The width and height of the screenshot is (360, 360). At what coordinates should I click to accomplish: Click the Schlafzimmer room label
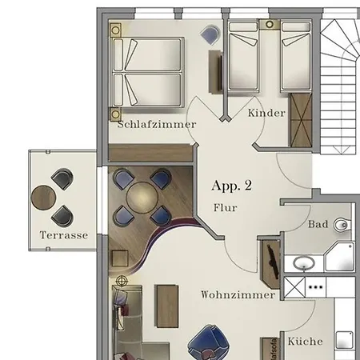click(157, 124)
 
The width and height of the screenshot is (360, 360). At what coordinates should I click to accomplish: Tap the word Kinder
click(266, 113)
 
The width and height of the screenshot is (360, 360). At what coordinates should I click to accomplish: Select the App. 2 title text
click(232, 186)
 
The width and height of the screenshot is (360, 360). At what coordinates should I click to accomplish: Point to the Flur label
click(226, 207)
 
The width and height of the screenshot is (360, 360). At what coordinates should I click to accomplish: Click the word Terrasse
click(64, 235)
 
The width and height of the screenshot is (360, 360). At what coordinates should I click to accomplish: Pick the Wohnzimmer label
click(238, 294)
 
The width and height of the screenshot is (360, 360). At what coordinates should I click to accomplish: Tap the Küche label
click(305, 341)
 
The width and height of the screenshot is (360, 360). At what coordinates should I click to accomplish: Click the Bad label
click(318, 224)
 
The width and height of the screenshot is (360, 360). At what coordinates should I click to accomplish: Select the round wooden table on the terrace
click(43, 198)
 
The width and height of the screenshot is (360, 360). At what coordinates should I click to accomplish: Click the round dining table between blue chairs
click(142, 198)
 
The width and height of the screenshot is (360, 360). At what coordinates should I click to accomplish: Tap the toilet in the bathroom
click(342, 225)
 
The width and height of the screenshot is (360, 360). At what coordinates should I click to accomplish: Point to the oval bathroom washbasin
click(304, 263)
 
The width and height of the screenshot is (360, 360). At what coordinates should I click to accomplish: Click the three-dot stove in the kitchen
click(315, 287)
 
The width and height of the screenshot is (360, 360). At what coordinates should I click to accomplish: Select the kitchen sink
click(344, 340)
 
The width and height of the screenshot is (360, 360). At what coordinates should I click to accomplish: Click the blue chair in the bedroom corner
click(210, 34)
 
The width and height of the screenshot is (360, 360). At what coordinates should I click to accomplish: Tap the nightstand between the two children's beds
click(270, 25)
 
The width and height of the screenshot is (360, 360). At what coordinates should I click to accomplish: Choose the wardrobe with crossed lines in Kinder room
click(301, 120)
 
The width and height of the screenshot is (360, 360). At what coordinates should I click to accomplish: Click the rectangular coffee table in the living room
click(166, 306)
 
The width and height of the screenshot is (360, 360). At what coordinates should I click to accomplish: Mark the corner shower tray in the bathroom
click(340, 257)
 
